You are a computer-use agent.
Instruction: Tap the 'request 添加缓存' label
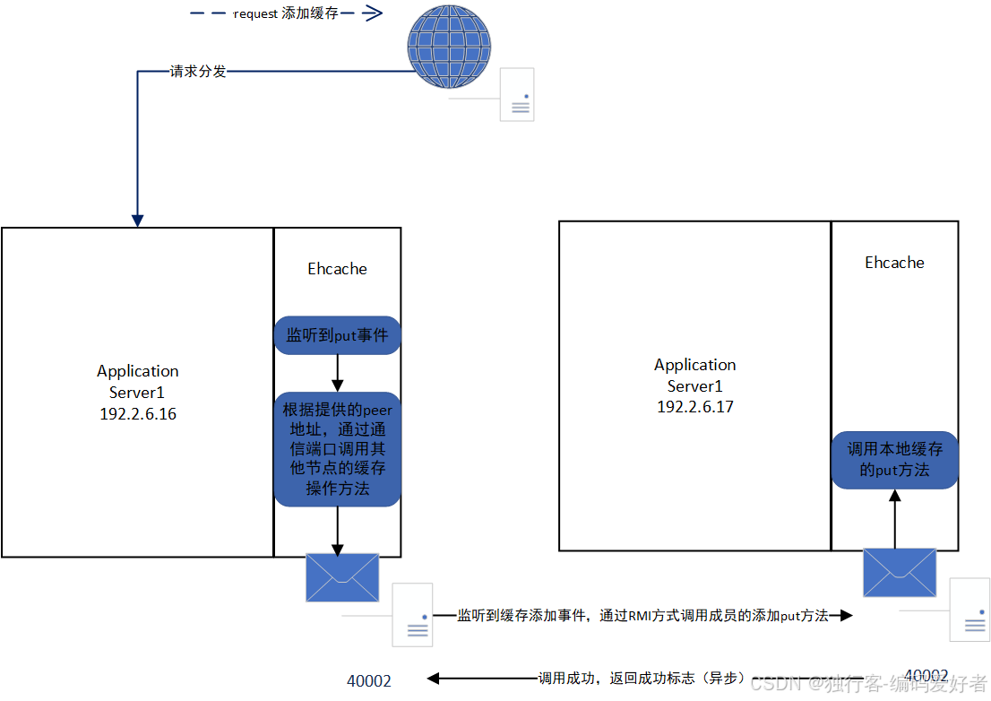[x=286, y=13]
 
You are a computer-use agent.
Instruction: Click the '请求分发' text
[x=198, y=71]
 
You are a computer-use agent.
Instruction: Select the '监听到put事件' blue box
[x=337, y=336]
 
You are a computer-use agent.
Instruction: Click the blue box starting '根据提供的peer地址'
[x=337, y=449]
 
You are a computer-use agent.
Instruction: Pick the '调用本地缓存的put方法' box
[x=894, y=459]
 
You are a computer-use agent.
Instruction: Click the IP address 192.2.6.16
[x=138, y=414]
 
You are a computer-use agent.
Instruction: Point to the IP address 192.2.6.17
[x=694, y=406]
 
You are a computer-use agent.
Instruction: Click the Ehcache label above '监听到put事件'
[x=337, y=269]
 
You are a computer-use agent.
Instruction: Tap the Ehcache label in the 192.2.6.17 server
[x=894, y=263]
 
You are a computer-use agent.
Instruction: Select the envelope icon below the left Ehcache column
[x=342, y=577]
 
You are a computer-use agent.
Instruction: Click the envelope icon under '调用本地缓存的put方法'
[x=899, y=572]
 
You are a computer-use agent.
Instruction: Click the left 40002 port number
[x=369, y=681]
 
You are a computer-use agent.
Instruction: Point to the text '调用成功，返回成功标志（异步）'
[x=640, y=679]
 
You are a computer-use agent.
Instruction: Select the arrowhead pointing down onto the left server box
[x=138, y=220]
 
